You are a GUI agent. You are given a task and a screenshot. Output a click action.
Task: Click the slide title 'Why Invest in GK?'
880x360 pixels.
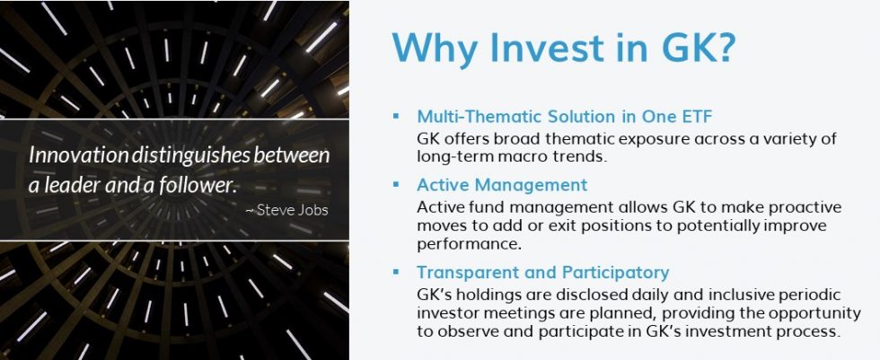565,48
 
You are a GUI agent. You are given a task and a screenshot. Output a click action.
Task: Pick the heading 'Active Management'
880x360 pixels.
501,184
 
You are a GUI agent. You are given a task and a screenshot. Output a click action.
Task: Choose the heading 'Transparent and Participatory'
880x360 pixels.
542,272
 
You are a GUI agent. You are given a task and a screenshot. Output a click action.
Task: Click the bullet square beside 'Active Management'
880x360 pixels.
395,184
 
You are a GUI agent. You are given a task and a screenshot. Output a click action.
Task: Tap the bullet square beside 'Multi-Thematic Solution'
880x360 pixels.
395,116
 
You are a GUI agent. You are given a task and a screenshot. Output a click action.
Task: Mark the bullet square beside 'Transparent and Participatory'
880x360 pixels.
395,272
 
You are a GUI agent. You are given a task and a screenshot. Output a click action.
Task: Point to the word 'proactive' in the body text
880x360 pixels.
789,206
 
